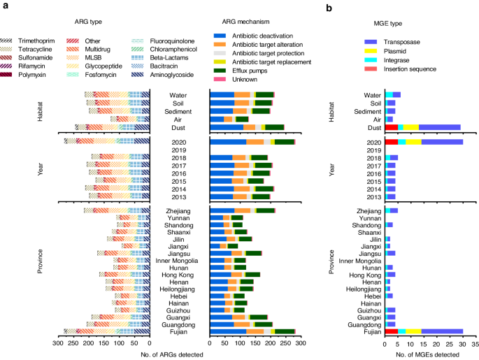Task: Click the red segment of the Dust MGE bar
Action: pos(392,127)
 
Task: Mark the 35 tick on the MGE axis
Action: pos(476,343)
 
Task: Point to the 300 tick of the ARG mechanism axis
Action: pos(299,343)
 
